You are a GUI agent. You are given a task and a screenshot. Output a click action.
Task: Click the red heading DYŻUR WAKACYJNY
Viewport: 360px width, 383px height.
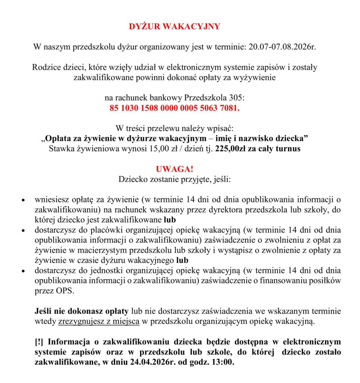pos(175,27)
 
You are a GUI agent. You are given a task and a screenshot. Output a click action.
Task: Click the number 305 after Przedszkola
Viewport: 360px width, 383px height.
pos(237,98)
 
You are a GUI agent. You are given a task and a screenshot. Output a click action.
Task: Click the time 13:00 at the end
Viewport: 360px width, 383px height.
pos(223,362)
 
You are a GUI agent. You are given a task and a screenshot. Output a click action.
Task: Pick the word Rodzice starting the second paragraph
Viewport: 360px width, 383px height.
pos(46,68)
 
